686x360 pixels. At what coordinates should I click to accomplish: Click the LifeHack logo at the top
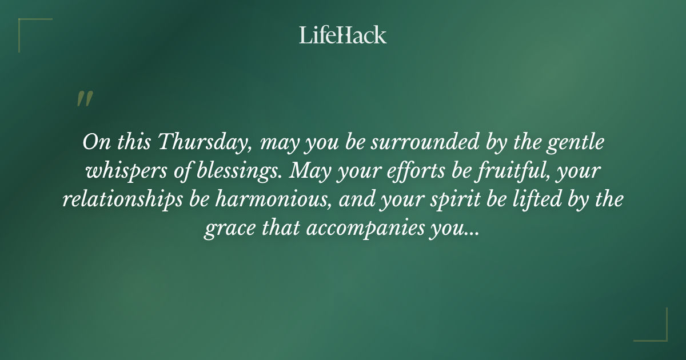click(x=343, y=35)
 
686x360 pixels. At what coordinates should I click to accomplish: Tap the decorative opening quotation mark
click(x=84, y=99)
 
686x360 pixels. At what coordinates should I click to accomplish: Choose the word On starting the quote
click(x=93, y=142)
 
